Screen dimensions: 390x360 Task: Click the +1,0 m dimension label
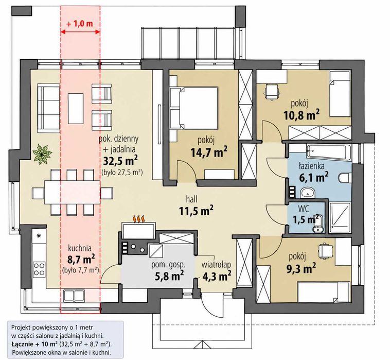point(80,24)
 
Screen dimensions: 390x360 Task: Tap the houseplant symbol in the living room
point(43,153)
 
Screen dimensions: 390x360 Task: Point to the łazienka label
point(311,165)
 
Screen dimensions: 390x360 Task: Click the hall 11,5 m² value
point(196,211)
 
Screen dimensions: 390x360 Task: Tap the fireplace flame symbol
point(139,219)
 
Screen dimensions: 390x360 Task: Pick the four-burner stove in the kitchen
point(39,269)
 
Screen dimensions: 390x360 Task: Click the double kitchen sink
point(74,296)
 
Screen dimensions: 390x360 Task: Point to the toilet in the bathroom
point(345,178)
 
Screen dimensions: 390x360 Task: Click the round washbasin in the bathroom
point(308,193)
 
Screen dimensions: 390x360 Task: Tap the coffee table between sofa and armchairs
point(76,108)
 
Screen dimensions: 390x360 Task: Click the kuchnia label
point(80,248)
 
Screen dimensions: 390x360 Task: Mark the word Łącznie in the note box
point(21,344)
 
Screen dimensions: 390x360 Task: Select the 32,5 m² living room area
point(120,161)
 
